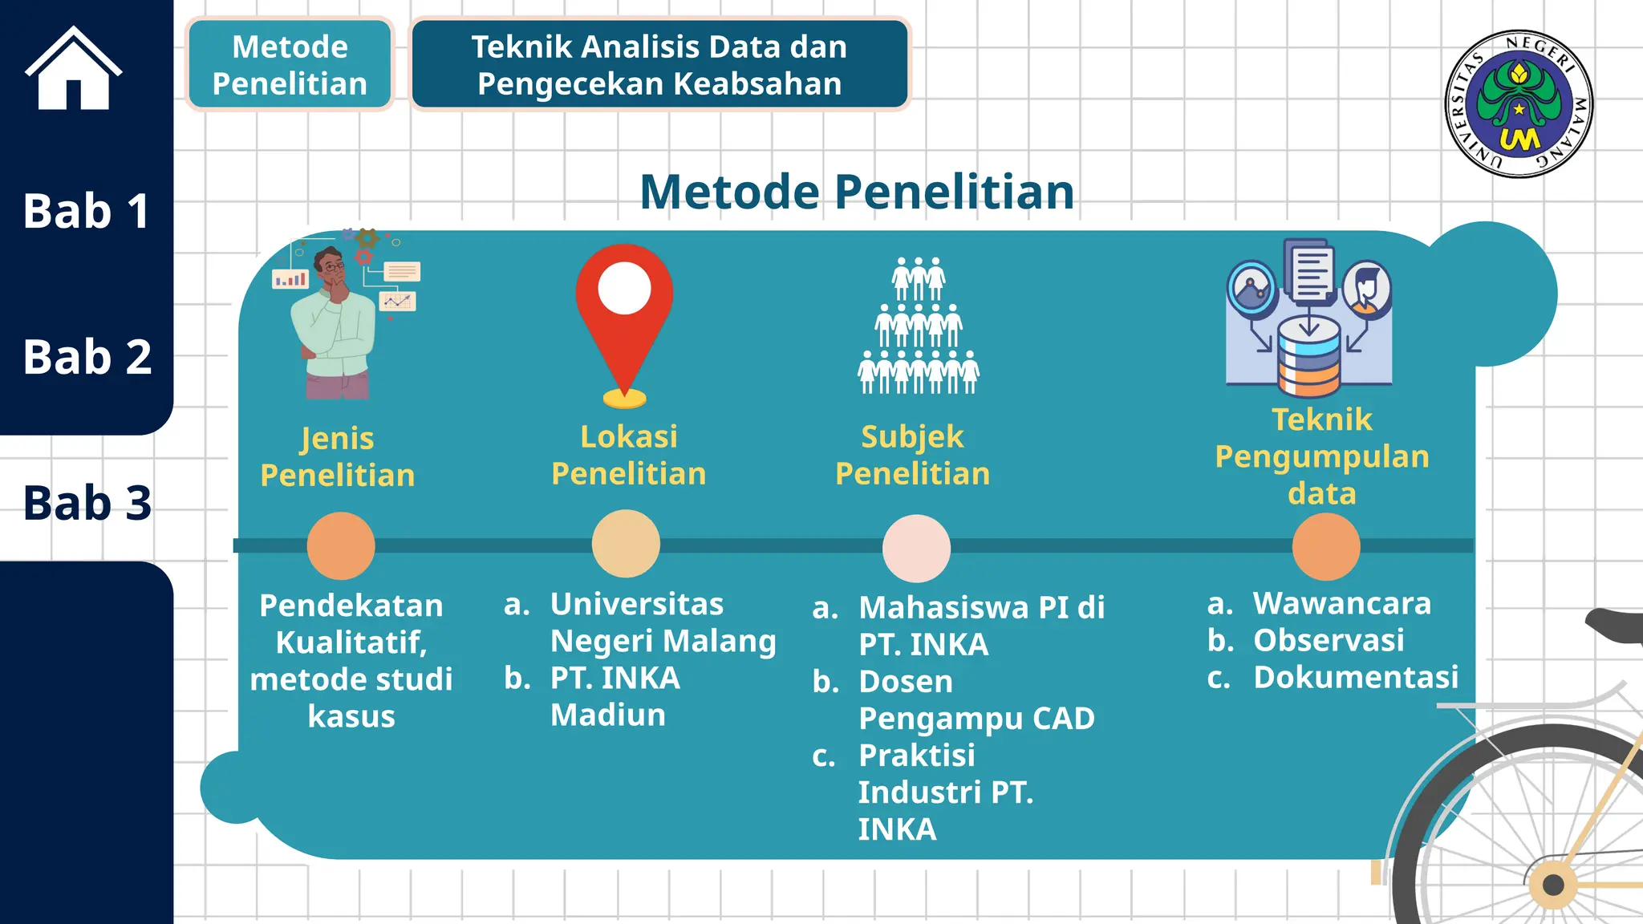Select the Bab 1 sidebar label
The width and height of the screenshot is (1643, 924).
coord(86,211)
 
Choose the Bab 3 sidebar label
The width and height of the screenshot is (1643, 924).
coord(87,503)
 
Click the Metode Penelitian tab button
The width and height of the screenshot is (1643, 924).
coord(290,65)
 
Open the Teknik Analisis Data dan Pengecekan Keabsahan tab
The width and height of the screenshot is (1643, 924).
coord(659,65)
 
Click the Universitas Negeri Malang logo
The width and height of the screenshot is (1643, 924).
coord(1518,103)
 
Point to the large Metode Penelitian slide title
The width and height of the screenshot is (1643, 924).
coord(857,192)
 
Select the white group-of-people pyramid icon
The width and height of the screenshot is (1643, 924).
coord(919,326)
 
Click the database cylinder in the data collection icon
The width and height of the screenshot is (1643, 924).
coord(1308,357)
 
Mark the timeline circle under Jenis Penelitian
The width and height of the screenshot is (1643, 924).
coord(341,545)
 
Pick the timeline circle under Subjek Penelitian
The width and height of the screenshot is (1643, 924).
coord(916,548)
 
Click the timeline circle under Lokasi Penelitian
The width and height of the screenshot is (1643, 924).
coord(626,544)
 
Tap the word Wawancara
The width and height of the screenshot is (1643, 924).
coord(1342,603)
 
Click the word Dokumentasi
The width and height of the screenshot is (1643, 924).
coord(1356,677)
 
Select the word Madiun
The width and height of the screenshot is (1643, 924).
coord(608,715)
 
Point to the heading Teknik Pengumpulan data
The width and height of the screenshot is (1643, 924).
coord(1322,456)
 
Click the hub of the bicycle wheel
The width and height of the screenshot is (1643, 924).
coord(1553,885)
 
